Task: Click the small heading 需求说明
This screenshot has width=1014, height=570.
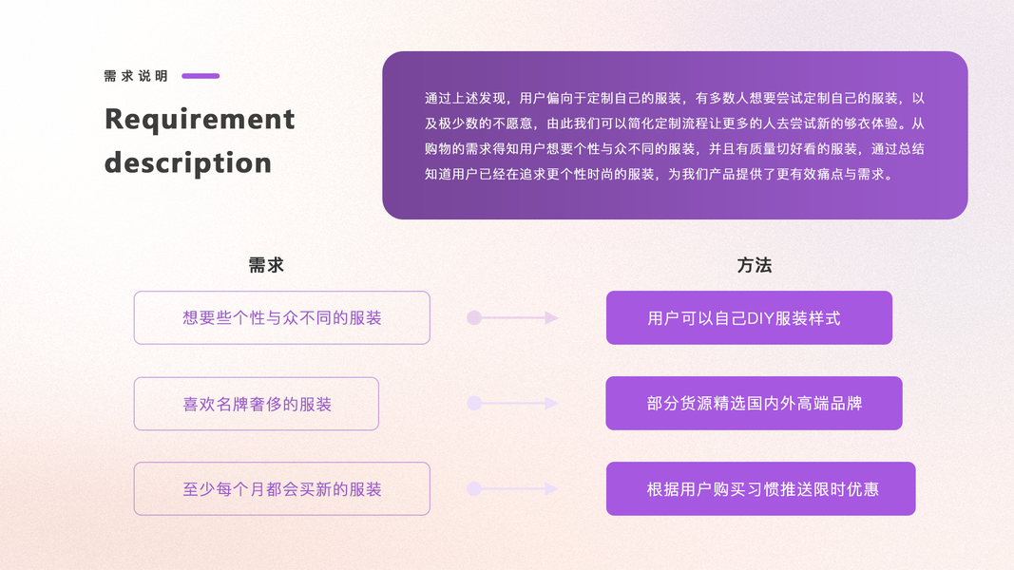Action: click(136, 76)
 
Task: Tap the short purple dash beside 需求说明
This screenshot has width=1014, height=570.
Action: click(201, 76)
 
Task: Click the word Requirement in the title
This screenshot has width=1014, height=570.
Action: click(200, 120)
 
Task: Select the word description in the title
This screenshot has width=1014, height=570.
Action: click(188, 162)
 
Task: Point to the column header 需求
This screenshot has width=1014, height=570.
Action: click(266, 266)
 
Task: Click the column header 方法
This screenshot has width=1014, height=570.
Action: click(755, 266)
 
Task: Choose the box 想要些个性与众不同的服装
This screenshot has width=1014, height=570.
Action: click(281, 317)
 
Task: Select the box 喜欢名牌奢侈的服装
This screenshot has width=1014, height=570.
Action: click(257, 404)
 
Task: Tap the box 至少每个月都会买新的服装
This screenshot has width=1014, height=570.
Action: click(281, 489)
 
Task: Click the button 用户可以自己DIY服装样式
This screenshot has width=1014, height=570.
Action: click(749, 317)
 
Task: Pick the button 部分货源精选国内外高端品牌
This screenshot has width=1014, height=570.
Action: click(754, 403)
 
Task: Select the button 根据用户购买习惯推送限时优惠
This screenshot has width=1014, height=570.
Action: click(760, 489)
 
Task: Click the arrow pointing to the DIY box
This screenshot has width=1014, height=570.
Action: click(512, 318)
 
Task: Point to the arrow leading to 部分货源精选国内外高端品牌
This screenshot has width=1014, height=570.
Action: click(512, 404)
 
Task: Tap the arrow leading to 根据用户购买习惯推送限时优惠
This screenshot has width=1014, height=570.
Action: click(512, 489)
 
